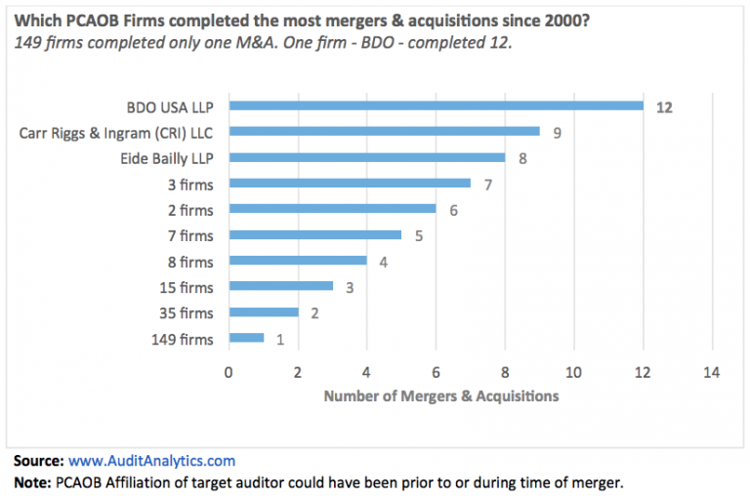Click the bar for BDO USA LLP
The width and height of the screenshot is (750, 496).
coord(436,106)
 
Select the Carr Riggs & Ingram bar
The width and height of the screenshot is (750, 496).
coord(384,132)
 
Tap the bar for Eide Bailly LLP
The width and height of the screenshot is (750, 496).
coord(366,158)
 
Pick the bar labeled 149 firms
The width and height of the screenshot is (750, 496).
coord(246,339)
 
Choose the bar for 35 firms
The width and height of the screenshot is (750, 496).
coord(263,312)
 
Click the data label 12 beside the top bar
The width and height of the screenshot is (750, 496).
coord(664,106)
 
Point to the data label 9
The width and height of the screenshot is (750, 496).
coord(557,132)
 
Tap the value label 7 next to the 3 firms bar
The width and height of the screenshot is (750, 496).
coord(487,184)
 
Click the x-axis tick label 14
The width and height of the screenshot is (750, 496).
coord(712,372)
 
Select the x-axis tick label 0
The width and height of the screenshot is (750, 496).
coord(229,372)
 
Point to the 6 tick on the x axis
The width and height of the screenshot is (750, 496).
coord(436,372)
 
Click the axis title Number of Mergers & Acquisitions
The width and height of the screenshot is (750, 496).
coord(441,395)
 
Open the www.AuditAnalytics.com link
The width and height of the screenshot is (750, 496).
coord(151,460)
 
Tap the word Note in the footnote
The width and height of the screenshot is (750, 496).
coord(32,482)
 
